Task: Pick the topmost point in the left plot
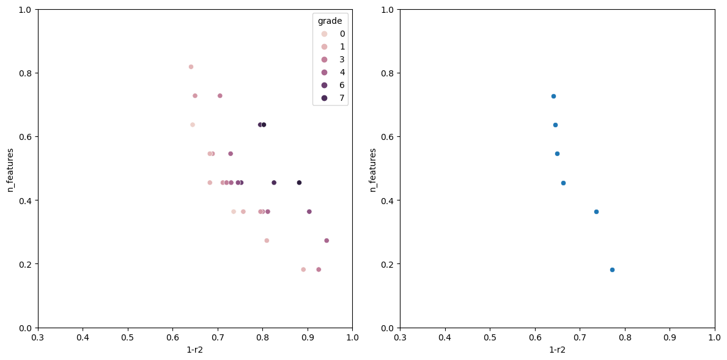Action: (191, 67)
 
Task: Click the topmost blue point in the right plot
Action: (553, 96)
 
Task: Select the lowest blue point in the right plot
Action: (612, 270)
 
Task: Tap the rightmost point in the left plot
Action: (327, 240)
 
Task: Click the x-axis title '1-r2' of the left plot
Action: (195, 350)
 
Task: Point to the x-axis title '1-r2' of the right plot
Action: (557, 350)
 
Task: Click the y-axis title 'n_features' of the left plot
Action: (10, 169)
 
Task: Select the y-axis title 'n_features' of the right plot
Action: (373, 169)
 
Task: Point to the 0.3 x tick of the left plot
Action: (38, 337)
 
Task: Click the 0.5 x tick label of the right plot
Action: (490, 337)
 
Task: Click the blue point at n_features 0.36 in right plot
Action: (596, 211)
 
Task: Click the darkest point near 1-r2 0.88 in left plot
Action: (299, 183)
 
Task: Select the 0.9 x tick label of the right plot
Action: (670, 337)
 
